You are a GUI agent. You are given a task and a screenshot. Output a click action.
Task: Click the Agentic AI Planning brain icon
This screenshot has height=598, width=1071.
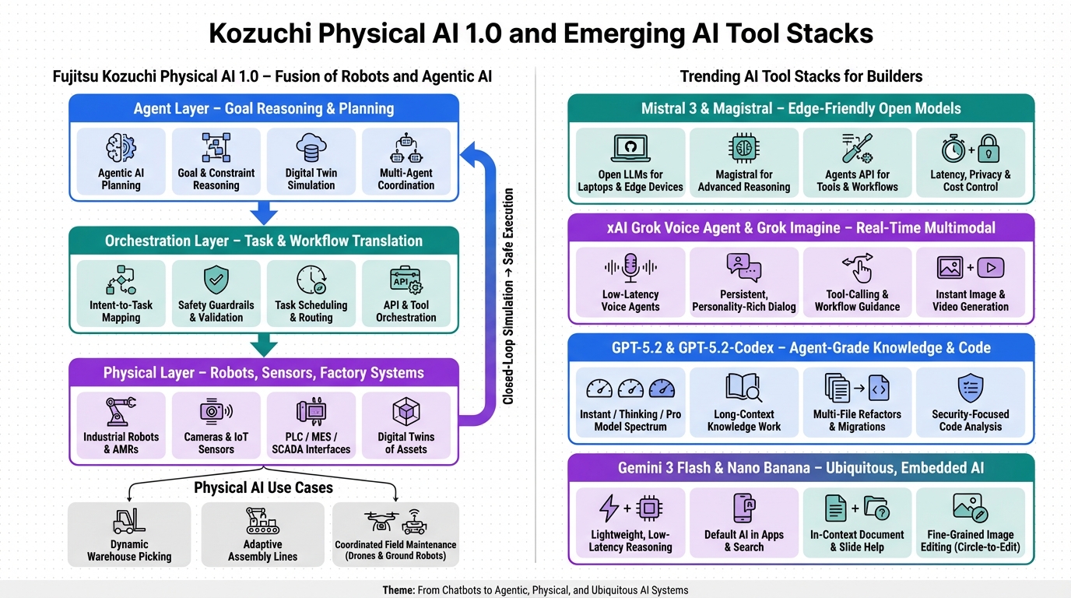pyautogui.click(x=121, y=148)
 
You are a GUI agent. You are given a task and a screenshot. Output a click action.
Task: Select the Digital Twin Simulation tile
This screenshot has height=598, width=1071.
pyautogui.click(x=311, y=162)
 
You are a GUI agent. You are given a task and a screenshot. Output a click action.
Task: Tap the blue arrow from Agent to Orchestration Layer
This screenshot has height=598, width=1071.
pyautogui.click(x=264, y=212)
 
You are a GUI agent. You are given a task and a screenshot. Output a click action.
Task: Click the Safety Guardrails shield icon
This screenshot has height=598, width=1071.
pyautogui.click(x=216, y=280)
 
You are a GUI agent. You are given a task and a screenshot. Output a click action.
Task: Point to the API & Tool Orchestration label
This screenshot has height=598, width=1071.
pyautogui.click(x=406, y=311)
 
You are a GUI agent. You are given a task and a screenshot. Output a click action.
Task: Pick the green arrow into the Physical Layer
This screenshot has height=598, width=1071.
pyautogui.click(x=264, y=344)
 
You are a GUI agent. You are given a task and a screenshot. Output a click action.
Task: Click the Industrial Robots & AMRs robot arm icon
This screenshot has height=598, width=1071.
pyautogui.click(x=121, y=411)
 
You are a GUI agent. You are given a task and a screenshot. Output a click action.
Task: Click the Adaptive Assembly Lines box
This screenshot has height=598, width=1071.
pyautogui.click(x=262, y=534)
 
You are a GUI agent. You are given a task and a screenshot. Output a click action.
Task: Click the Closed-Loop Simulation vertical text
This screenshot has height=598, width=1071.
pyautogui.click(x=508, y=296)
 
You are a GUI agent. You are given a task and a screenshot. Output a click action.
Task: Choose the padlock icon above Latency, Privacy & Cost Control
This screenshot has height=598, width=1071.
pyautogui.click(x=988, y=149)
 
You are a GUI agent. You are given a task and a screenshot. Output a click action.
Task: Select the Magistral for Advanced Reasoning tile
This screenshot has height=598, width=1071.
pyautogui.click(x=743, y=162)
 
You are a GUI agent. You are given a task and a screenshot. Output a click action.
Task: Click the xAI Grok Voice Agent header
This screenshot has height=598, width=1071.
pyautogui.click(x=801, y=228)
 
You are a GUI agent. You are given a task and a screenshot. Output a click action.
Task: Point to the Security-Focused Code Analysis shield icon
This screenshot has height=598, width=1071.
pyautogui.click(x=970, y=388)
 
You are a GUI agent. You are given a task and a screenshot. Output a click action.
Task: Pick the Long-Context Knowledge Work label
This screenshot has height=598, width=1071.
pyautogui.click(x=743, y=420)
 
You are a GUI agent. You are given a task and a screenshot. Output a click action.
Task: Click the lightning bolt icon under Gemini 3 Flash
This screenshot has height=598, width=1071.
pyautogui.click(x=609, y=508)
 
